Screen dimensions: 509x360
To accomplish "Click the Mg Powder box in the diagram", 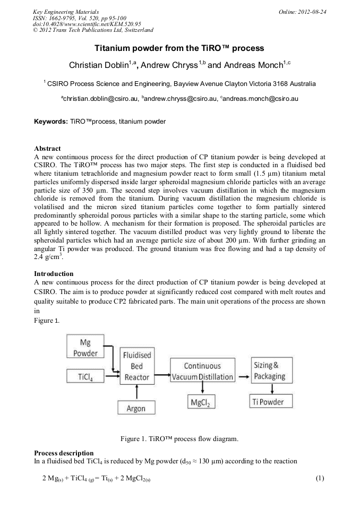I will (x=85, y=348).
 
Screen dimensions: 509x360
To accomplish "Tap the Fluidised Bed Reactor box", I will (x=137, y=366).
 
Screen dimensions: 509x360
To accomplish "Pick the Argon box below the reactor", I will (x=136, y=408).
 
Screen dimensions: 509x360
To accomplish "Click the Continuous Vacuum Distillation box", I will (x=202, y=371).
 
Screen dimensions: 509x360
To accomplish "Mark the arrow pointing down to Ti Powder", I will (x=272, y=389).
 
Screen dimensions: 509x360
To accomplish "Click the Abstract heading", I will (x=47, y=148).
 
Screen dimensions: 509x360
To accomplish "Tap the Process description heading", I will (x=64, y=453).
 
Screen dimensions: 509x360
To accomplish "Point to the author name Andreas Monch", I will (x=253, y=65).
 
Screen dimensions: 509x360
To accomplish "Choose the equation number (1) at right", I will (x=320, y=478).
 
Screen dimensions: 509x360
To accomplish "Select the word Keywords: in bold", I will (x=51, y=122).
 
